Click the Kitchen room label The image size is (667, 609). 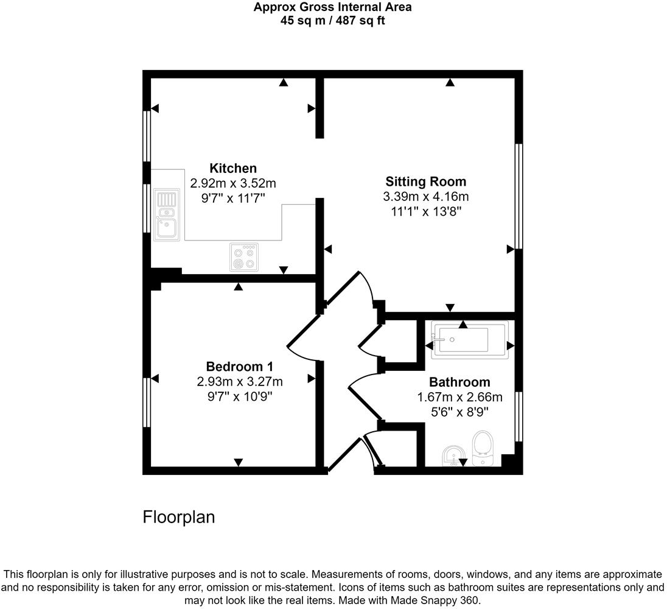(233, 168)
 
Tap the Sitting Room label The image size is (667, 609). (425, 181)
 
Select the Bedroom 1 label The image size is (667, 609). (239, 367)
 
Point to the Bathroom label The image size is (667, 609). (459, 382)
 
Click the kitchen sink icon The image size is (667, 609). (166, 214)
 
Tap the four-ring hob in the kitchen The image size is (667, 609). (244, 256)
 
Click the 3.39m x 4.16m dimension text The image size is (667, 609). (425, 197)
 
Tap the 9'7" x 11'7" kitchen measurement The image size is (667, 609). (233, 198)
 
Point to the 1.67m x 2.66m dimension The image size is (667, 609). (459, 398)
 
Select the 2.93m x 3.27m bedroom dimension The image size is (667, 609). (239, 382)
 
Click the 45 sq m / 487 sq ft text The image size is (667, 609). (332, 20)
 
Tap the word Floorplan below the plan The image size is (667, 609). (178, 517)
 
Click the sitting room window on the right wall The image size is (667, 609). (519, 196)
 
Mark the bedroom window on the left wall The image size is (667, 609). (147, 403)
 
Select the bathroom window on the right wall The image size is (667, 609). (519, 416)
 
